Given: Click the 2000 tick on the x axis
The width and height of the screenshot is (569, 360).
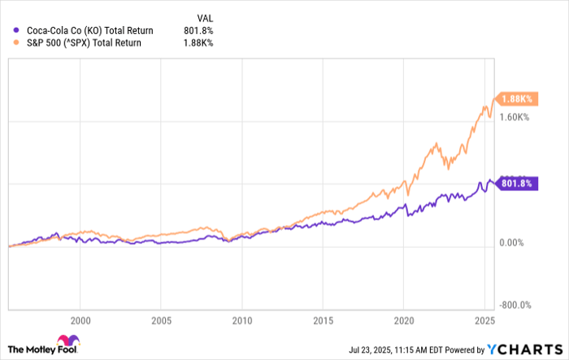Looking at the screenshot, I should tap(80, 320).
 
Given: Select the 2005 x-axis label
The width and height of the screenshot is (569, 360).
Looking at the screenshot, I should tap(162, 320).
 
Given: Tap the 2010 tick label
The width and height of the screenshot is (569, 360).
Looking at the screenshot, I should tap(242, 320).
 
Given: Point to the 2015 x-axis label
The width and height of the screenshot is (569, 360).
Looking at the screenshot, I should tap(323, 320).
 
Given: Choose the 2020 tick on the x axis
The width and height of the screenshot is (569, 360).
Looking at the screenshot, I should tap(404, 320).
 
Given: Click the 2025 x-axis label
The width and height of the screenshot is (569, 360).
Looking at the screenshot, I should tap(484, 320).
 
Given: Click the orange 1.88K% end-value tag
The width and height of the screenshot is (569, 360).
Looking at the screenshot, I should tap(515, 99).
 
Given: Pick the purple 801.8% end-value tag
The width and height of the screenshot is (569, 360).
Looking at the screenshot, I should tap(515, 183).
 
